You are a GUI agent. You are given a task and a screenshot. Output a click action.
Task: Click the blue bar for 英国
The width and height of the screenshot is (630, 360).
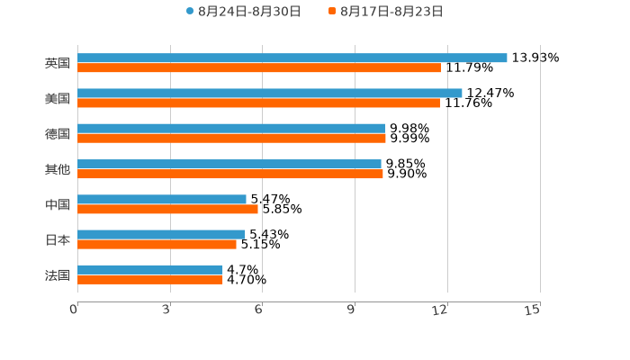pos(292,58)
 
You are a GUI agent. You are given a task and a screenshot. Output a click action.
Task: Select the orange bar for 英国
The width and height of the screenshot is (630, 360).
pos(259,67)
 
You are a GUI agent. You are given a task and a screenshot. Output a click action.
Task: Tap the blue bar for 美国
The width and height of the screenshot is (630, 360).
pos(270,93)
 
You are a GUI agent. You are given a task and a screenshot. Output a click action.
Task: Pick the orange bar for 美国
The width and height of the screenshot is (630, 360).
pos(258,103)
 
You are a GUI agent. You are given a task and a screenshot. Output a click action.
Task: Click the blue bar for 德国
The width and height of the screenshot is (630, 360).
pos(231,128)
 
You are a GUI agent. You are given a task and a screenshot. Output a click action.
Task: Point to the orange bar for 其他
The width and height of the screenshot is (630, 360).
pos(230,174)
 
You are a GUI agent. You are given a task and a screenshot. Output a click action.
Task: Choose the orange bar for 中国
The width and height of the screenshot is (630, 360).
pos(167,209)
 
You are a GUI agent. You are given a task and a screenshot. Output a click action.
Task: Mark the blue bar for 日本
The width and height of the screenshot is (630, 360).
pos(161,234)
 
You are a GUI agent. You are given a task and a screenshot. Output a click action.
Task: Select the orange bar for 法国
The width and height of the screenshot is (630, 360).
pos(150,280)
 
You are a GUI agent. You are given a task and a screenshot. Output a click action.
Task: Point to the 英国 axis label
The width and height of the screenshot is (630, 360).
pos(58,63)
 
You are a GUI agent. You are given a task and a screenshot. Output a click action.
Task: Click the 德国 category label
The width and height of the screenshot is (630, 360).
pos(58,133)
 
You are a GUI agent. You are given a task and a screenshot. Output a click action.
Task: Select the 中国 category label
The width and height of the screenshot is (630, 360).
pos(58,204)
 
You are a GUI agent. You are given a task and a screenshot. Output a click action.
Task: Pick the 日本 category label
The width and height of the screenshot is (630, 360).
pos(58,239)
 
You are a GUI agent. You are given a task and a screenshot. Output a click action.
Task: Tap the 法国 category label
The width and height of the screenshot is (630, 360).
pos(58,274)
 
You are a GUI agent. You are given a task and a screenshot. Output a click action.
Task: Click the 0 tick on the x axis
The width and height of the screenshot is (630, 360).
pos(75,310)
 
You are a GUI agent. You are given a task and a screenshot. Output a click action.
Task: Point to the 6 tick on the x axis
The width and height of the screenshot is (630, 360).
pos(259,310)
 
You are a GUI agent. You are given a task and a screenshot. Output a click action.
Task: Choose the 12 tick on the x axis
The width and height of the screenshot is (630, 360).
pos(441,310)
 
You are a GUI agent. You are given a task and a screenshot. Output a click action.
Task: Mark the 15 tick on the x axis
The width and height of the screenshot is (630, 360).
pos(533,310)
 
